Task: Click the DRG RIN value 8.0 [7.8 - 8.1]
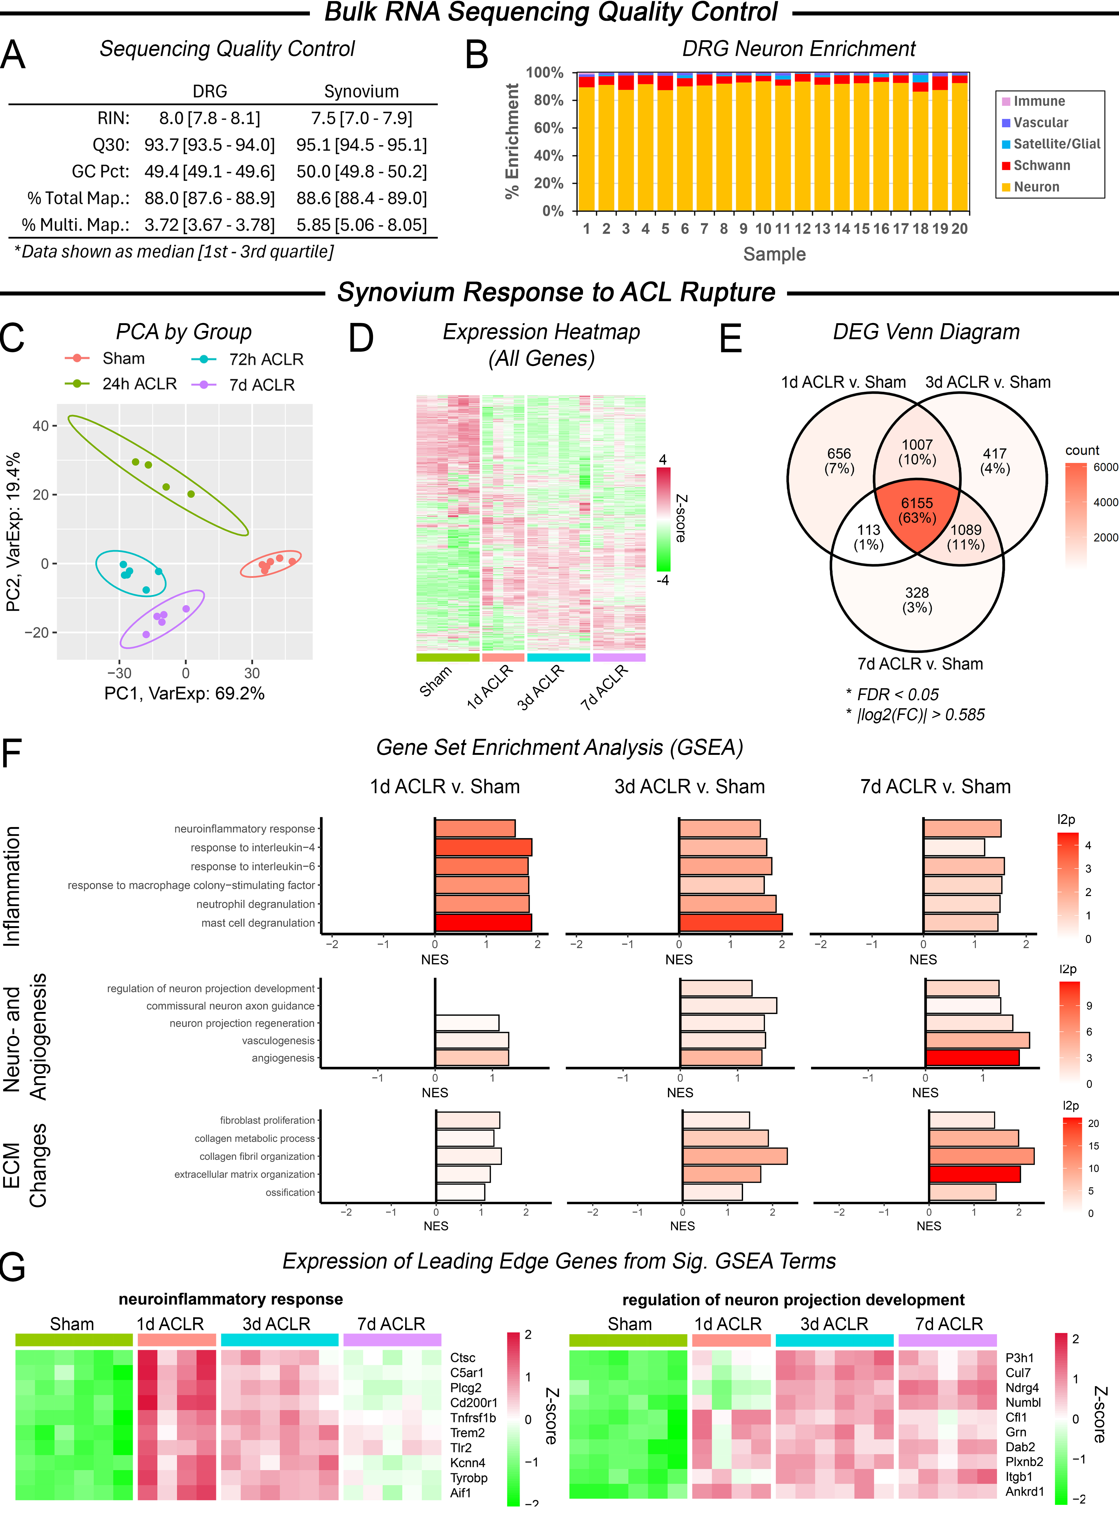(209, 119)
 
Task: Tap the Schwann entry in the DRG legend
(1041, 165)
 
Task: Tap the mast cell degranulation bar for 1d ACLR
(483, 922)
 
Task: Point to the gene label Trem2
(467, 1432)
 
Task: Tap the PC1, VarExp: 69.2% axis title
(184, 694)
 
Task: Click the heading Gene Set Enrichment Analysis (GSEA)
(559, 748)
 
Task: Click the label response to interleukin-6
(253, 866)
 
